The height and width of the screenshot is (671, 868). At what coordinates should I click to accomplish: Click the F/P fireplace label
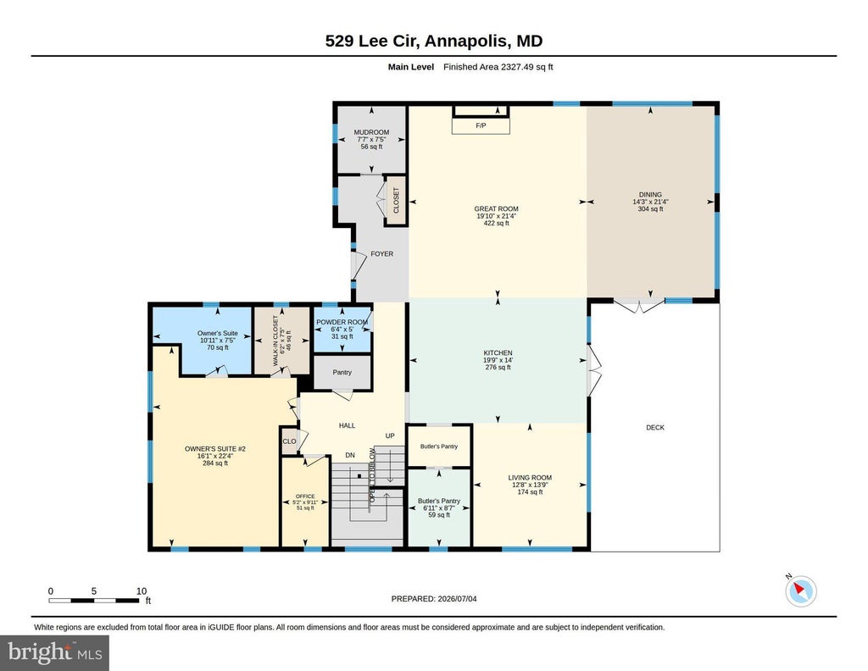tap(481, 125)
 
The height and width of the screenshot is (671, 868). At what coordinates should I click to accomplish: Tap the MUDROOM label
tap(371, 132)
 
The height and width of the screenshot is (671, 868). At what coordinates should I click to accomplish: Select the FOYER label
tap(382, 254)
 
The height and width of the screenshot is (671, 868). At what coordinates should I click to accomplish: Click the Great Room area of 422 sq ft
tap(497, 224)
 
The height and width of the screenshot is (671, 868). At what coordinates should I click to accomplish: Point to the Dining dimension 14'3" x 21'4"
tap(650, 202)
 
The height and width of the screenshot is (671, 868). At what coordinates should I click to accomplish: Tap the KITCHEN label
tap(498, 353)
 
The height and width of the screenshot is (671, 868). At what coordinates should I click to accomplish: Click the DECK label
tap(655, 428)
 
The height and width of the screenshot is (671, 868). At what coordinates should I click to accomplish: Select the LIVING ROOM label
tap(530, 478)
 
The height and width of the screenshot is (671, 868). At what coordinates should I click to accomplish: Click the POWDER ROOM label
tap(342, 323)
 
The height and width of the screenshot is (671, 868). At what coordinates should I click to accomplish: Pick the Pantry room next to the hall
tap(342, 372)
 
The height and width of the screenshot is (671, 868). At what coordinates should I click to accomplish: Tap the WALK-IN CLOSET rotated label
tap(275, 341)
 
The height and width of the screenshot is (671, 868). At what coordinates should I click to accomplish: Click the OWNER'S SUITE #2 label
tap(214, 449)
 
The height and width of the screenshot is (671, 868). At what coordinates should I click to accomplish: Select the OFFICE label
tap(305, 496)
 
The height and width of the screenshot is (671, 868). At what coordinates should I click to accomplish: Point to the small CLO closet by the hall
tap(289, 441)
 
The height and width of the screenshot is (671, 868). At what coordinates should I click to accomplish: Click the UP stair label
tap(390, 436)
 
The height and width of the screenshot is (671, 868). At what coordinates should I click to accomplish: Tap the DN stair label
tap(350, 455)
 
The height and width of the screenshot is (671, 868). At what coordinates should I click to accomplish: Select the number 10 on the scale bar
tap(142, 591)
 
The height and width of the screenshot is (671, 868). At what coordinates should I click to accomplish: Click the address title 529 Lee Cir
tap(374, 41)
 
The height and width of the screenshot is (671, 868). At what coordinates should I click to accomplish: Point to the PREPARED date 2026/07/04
tap(457, 598)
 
